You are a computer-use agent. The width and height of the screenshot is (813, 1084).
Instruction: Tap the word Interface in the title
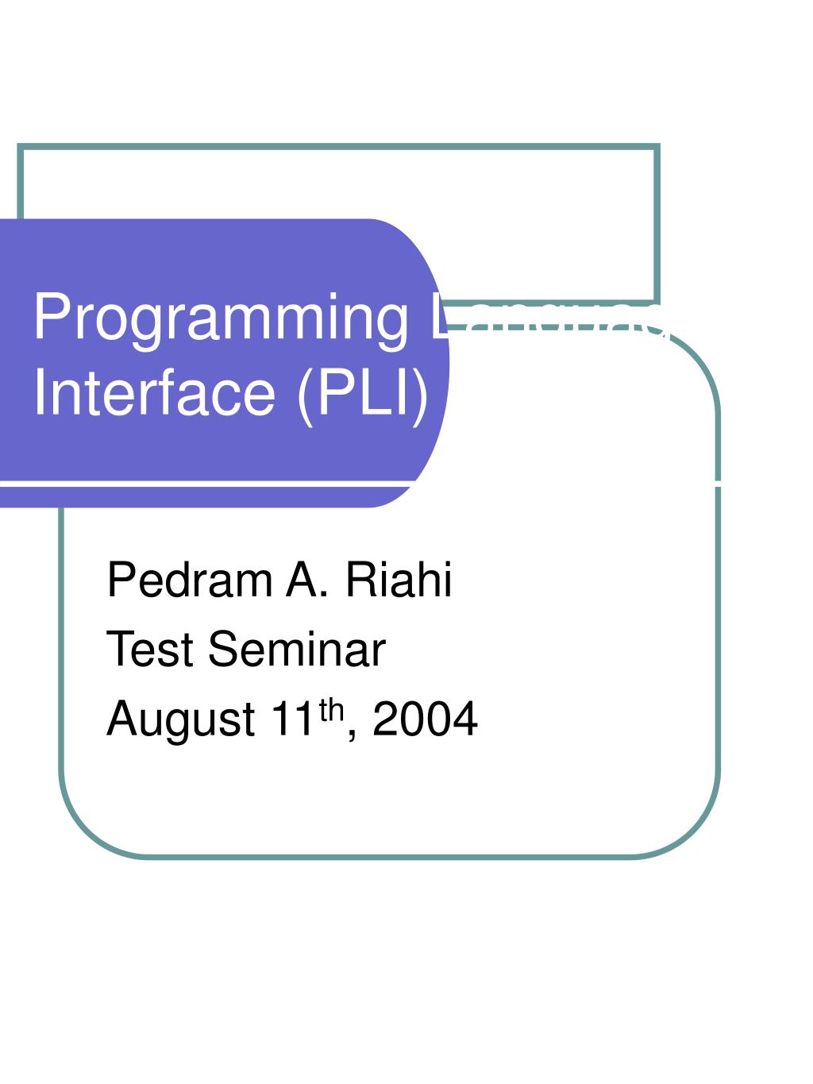[x=154, y=393]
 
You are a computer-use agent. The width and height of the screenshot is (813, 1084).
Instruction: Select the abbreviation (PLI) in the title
[x=364, y=393]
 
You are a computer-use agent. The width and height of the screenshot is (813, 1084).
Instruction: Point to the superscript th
[x=332, y=710]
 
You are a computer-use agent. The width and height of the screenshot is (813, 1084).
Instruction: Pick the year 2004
[x=426, y=719]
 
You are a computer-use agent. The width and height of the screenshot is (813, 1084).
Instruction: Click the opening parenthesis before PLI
[x=306, y=394]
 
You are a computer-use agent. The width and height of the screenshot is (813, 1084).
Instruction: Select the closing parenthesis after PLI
[x=420, y=394]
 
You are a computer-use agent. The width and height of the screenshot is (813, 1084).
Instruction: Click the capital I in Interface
[x=40, y=393]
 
